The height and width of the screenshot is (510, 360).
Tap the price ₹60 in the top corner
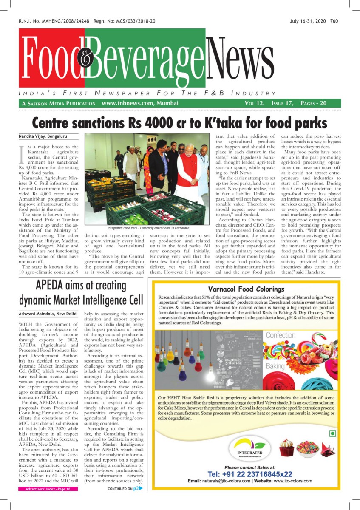point(334,21)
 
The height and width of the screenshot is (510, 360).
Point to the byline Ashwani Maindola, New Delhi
point(48,314)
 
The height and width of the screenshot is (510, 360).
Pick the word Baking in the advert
point(275,366)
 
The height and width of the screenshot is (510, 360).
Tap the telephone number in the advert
point(250,474)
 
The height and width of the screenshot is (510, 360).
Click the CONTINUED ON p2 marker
point(125,489)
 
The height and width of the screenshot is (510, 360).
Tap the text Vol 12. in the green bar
point(254,103)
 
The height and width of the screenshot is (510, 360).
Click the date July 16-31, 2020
point(308,21)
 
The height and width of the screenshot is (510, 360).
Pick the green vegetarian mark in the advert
point(333,433)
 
